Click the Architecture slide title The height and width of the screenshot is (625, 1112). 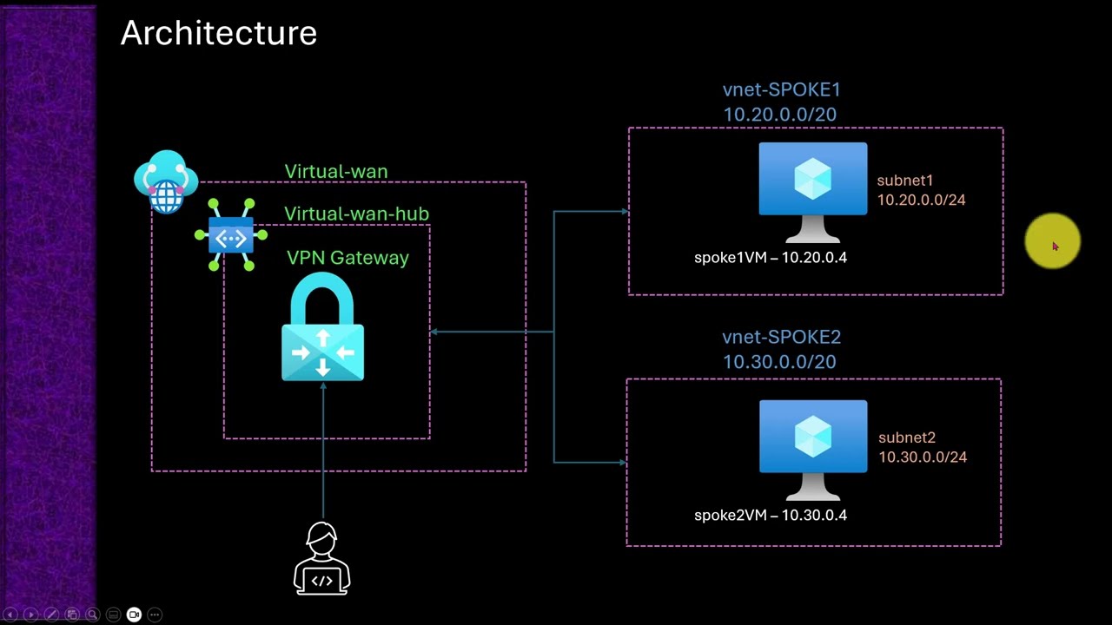218,34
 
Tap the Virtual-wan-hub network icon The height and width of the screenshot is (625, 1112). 231,235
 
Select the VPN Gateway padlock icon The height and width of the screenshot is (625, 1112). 322,328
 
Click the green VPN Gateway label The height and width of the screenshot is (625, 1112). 347,258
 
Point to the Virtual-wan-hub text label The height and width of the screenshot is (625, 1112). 356,214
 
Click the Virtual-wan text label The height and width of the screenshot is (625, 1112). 335,172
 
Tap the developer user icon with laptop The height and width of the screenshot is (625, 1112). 321,558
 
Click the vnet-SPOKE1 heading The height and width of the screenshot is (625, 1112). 781,89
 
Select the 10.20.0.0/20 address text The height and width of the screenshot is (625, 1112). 779,115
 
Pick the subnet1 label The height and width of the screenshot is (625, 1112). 904,181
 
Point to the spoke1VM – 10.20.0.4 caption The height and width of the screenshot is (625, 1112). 770,258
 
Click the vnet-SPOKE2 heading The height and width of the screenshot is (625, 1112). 781,337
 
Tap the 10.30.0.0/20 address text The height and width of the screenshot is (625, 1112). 779,362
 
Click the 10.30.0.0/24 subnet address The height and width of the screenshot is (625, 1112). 922,457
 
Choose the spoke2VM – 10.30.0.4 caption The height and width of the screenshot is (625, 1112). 770,516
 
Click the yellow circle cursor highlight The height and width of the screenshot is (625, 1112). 1052,241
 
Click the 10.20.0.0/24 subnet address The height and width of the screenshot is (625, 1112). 921,200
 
